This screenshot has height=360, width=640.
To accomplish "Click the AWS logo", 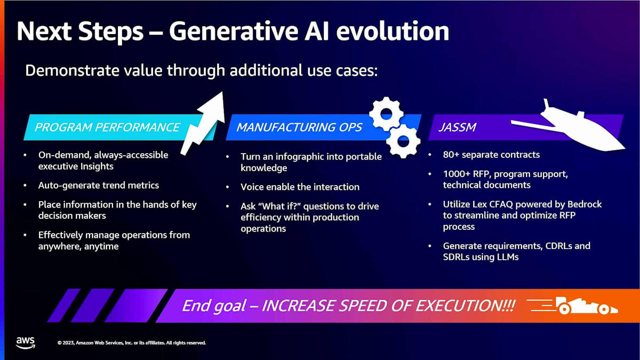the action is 26,343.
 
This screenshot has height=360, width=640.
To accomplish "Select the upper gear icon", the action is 387,114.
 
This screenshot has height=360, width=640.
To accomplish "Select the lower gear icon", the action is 403,141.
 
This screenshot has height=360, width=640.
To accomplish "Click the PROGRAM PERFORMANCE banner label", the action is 107,127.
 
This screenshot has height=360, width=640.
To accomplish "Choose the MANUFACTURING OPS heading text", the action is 299,127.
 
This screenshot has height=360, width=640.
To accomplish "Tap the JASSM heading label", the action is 458,127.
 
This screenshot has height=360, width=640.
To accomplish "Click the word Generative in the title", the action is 234,31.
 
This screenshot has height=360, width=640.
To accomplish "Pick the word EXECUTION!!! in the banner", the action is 466,306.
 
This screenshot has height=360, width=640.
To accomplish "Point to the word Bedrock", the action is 585,204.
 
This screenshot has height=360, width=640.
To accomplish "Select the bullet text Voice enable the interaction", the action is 300,187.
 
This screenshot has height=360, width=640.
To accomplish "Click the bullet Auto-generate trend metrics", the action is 99,186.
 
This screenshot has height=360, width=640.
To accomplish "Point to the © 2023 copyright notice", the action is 132,342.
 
